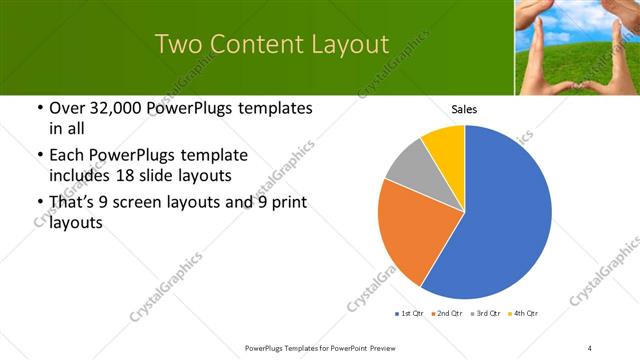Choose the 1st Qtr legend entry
[x=410, y=314]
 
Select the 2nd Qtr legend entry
[x=447, y=314]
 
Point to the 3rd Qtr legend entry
[x=485, y=314]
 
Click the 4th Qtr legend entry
[x=523, y=314]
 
